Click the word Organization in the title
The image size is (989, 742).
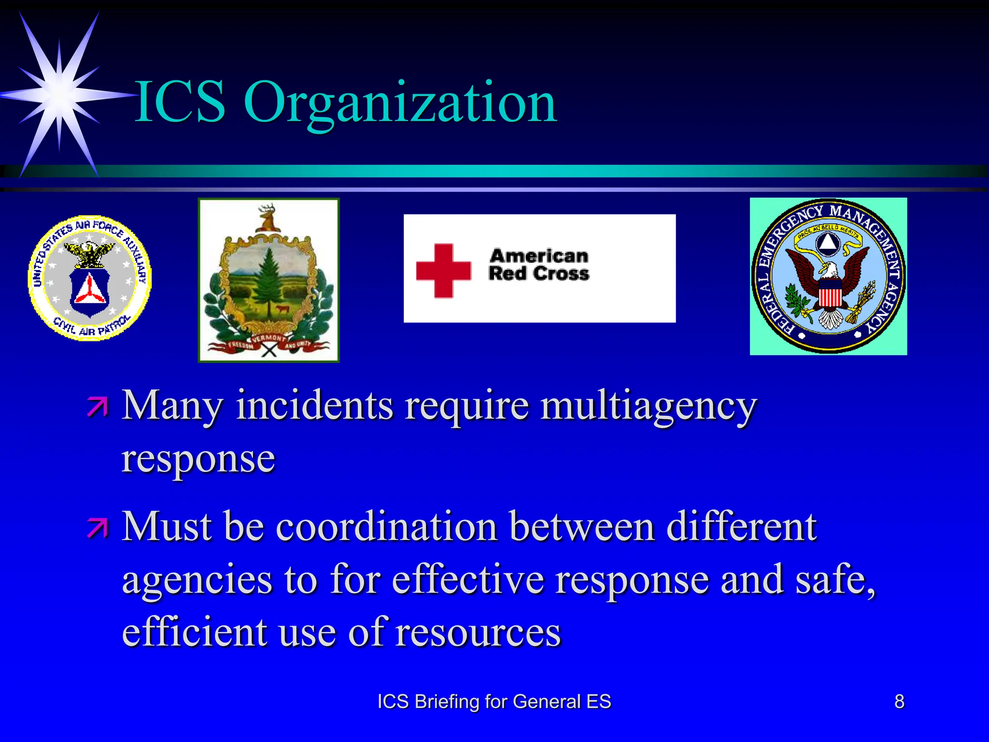point(401,102)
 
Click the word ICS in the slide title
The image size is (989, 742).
point(180,102)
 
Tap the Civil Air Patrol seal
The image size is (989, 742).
point(90,278)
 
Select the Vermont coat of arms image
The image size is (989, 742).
point(268,280)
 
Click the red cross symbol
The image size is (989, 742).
point(443,271)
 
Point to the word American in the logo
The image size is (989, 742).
point(539,256)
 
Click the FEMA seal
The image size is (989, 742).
point(828,276)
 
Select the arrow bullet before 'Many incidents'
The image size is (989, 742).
point(98,407)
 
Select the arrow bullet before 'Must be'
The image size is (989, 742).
point(98,528)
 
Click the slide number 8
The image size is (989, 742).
point(899,701)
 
